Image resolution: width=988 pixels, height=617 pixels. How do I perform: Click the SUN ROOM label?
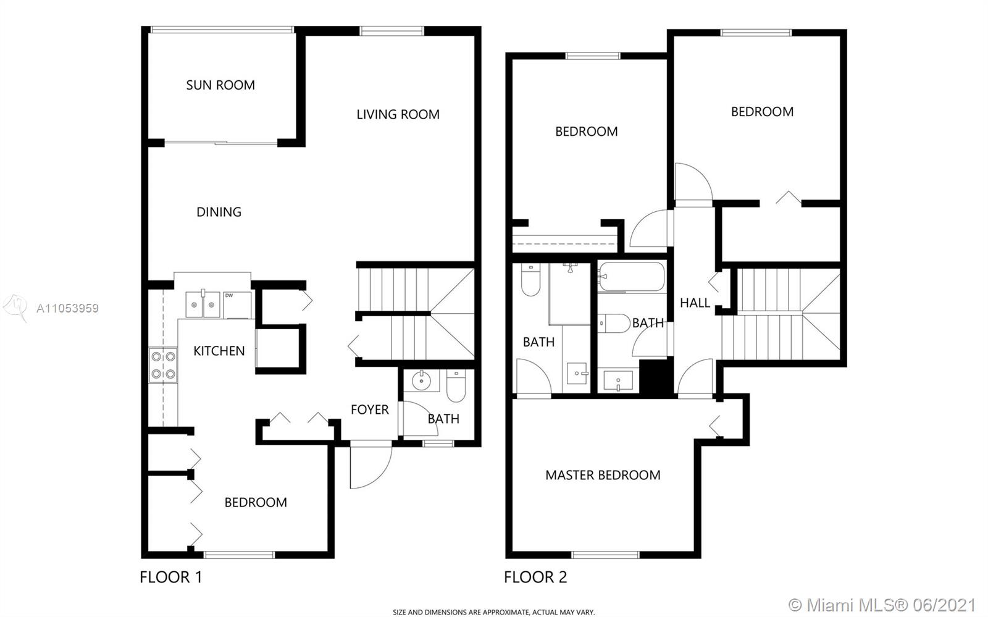pyautogui.click(x=220, y=85)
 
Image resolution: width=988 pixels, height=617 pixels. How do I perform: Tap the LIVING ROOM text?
pyautogui.click(x=398, y=115)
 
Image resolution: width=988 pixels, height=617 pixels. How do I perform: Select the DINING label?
pyautogui.click(x=219, y=212)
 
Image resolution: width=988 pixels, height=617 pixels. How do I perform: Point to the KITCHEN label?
pyautogui.click(x=219, y=351)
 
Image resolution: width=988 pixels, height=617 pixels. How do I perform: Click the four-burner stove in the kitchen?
pyautogui.click(x=163, y=365)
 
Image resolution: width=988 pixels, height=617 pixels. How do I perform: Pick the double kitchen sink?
pyautogui.click(x=203, y=304)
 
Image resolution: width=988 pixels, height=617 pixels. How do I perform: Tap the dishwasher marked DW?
pyautogui.click(x=237, y=304)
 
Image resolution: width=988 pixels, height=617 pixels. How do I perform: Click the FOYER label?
pyautogui.click(x=370, y=409)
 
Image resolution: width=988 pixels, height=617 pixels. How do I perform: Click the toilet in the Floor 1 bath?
pyautogui.click(x=456, y=385)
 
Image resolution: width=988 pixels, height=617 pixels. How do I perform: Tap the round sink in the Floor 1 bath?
pyautogui.click(x=421, y=380)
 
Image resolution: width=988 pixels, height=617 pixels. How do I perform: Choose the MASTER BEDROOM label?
pyautogui.click(x=603, y=475)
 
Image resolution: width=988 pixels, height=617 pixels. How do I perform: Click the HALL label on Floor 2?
pyautogui.click(x=695, y=303)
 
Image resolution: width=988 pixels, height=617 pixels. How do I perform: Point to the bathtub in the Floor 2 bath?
pyautogui.click(x=632, y=277)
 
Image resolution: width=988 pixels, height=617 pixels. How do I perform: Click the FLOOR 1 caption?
pyautogui.click(x=170, y=577)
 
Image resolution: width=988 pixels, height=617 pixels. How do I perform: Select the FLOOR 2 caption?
pyautogui.click(x=535, y=577)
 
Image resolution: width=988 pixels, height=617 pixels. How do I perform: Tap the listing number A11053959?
pyautogui.click(x=67, y=308)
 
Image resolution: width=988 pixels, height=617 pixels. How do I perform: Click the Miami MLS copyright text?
pyautogui.click(x=882, y=605)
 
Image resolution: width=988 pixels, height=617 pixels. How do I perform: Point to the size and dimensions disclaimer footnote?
pyautogui.click(x=493, y=612)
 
